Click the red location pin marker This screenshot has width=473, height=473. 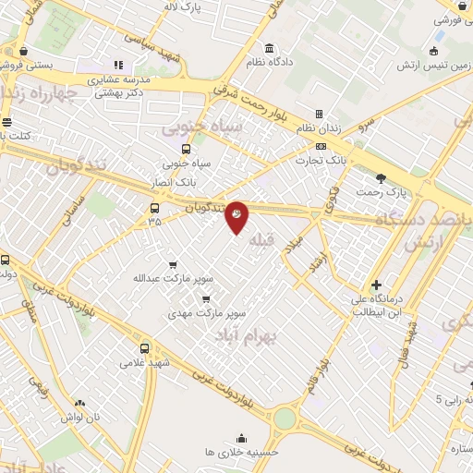[x=236, y=215]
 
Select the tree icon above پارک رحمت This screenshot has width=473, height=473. [x=382, y=177]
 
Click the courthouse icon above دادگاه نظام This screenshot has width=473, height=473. [x=269, y=48]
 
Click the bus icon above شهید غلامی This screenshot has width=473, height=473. [x=144, y=349]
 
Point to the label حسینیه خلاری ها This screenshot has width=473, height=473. [x=241, y=453]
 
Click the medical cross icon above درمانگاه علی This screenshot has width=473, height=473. [x=376, y=285]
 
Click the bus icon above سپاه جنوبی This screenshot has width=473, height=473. [x=186, y=149]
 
